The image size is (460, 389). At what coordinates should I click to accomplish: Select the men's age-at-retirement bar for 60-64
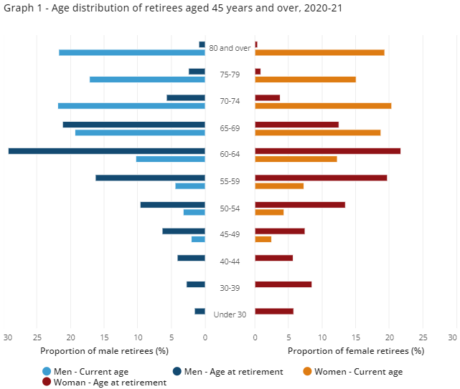(x=107, y=150)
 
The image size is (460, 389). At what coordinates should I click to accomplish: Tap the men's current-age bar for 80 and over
(x=132, y=52)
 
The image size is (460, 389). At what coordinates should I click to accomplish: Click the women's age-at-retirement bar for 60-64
(x=327, y=150)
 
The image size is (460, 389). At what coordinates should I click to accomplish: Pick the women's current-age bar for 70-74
(x=323, y=106)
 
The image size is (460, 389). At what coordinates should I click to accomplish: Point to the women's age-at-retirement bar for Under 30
(x=274, y=311)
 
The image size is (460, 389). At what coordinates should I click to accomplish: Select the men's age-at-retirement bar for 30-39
(x=196, y=284)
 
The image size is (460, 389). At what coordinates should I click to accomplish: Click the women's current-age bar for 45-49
(x=263, y=239)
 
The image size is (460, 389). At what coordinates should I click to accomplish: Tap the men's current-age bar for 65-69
(x=140, y=133)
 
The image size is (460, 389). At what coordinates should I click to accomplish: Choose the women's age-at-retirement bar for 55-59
(x=321, y=178)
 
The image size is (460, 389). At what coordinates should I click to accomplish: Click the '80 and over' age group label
(x=230, y=48)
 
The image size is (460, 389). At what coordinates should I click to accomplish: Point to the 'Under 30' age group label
(x=230, y=314)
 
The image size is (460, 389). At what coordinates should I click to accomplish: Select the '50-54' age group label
(x=230, y=208)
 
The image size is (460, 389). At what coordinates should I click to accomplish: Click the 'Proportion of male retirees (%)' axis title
(x=104, y=351)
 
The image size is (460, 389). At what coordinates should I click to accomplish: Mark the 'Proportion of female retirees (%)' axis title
(x=356, y=351)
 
